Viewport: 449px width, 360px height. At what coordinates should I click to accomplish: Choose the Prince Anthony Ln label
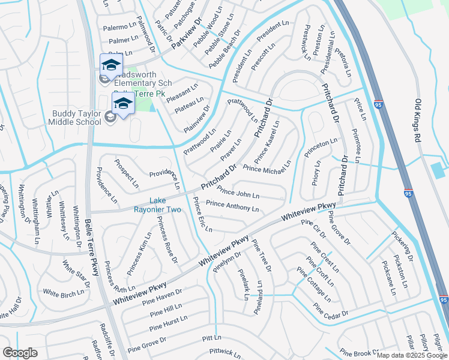(x=232, y=206)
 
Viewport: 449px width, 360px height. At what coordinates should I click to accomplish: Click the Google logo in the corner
(x=20, y=353)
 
